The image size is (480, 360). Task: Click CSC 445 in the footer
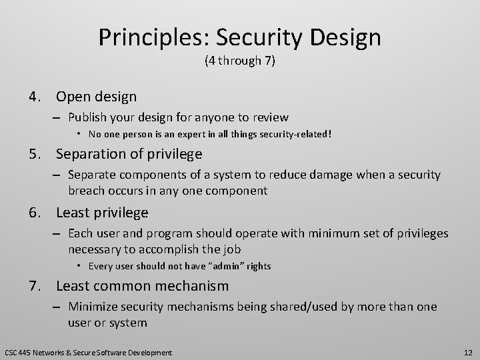[17, 351]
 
